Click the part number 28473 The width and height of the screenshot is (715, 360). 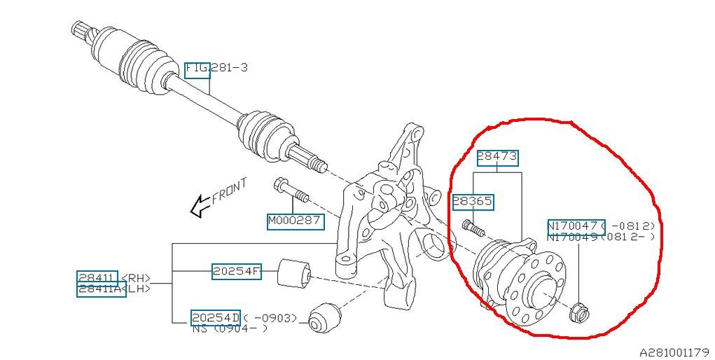click(497, 158)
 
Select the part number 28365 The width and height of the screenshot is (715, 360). click(473, 202)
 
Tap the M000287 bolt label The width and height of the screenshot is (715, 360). click(296, 222)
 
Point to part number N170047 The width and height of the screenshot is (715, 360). click(576, 226)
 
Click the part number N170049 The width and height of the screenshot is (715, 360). click(572, 237)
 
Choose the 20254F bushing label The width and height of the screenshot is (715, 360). click(236, 272)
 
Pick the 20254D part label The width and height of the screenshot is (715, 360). click(215, 317)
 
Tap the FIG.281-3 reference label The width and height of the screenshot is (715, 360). click(216, 69)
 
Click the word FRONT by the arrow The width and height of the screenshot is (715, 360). click(230, 191)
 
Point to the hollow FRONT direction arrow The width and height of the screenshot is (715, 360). click(201, 206)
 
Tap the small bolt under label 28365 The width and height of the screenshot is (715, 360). click(473, 228)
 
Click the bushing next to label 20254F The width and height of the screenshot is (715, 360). click(294, 274)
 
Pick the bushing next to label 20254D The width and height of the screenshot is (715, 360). click(324, 317)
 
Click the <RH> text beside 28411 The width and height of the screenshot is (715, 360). click(135, 279)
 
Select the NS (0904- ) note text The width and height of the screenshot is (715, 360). click(230, 328)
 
